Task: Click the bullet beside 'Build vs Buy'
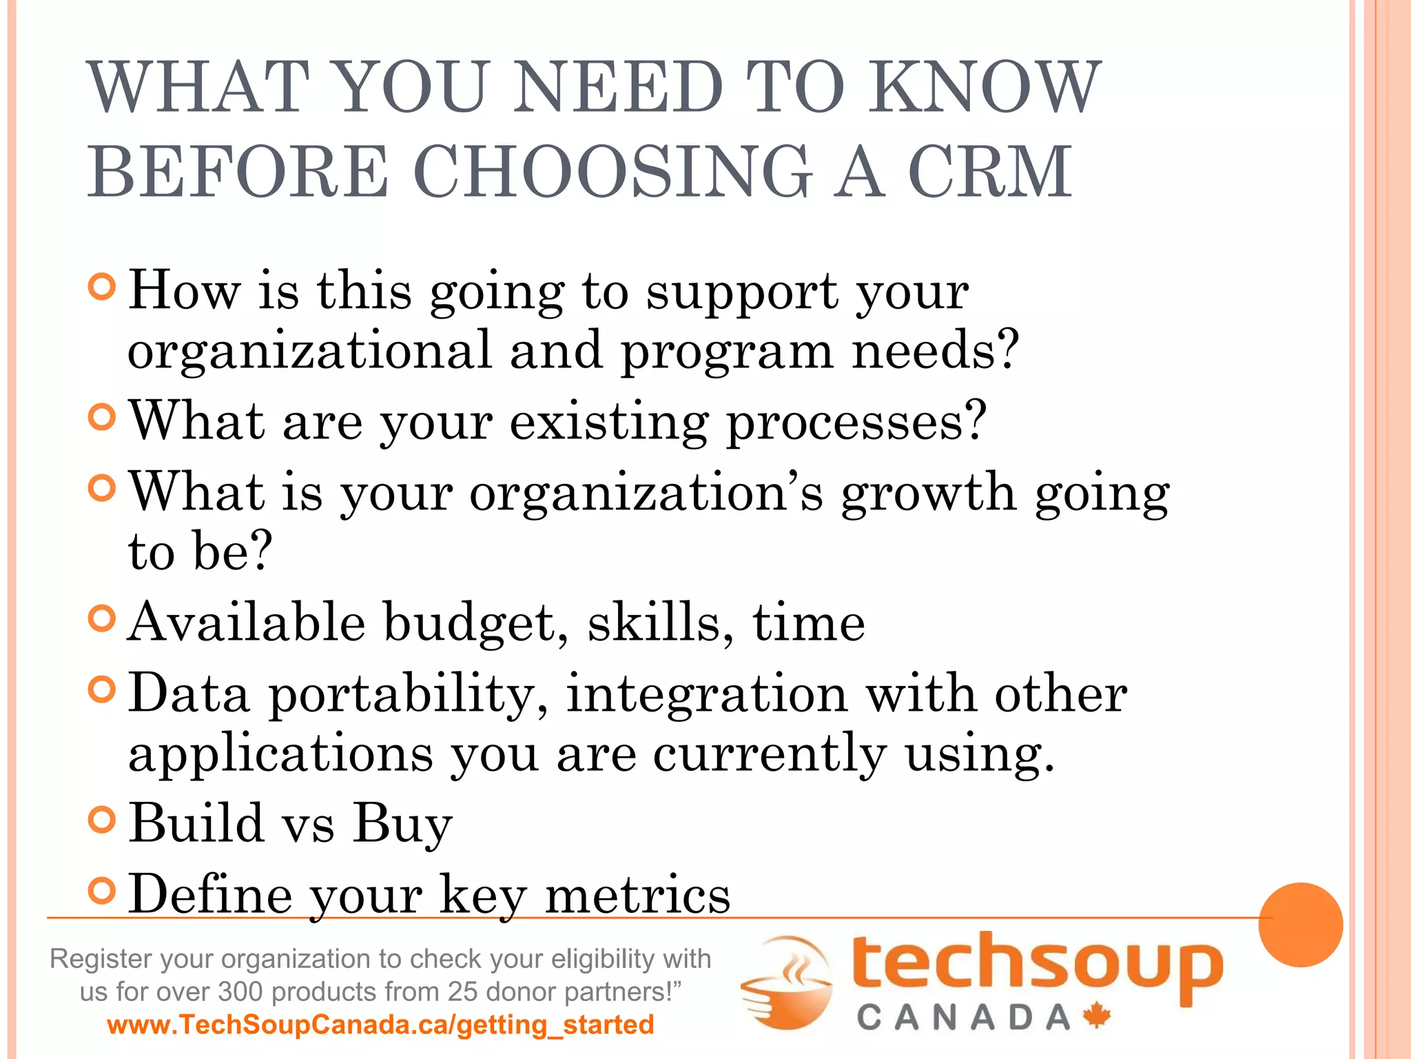point(102,819)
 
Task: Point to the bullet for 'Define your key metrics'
point(102,891)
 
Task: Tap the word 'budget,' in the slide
point(475,622)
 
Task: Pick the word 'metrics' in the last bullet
point(637,894)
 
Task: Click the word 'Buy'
point(402,823)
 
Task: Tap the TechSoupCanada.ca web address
point(380,1025)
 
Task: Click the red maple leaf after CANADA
point(1096,1016)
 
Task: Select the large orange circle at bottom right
point(1300,925)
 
